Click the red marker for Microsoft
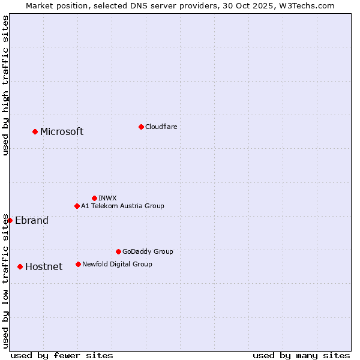[35, 131]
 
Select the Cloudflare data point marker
[141, 127]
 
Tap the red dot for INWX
[94, 198]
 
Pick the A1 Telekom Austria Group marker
[77, 206]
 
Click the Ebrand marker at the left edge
[10, 220]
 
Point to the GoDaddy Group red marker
[118, 251]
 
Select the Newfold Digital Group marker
[78, 264]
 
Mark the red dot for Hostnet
[20, 266]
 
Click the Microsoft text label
[62, 132]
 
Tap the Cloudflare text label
[161, 127]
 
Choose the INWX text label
[107, 198]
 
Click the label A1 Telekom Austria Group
[122, 206]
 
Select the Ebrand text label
[32, 221]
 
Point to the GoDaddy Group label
[148, 251]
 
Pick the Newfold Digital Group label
[117, 264]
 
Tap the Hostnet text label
[44, 267]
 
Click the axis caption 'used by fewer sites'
[62, 355]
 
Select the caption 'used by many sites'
[301, 355]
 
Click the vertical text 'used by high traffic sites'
[5, 86]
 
